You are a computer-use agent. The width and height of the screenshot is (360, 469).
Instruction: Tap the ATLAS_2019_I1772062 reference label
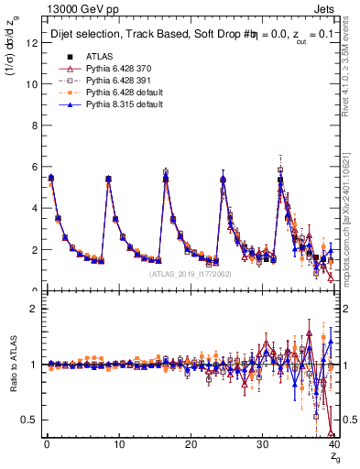190,273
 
